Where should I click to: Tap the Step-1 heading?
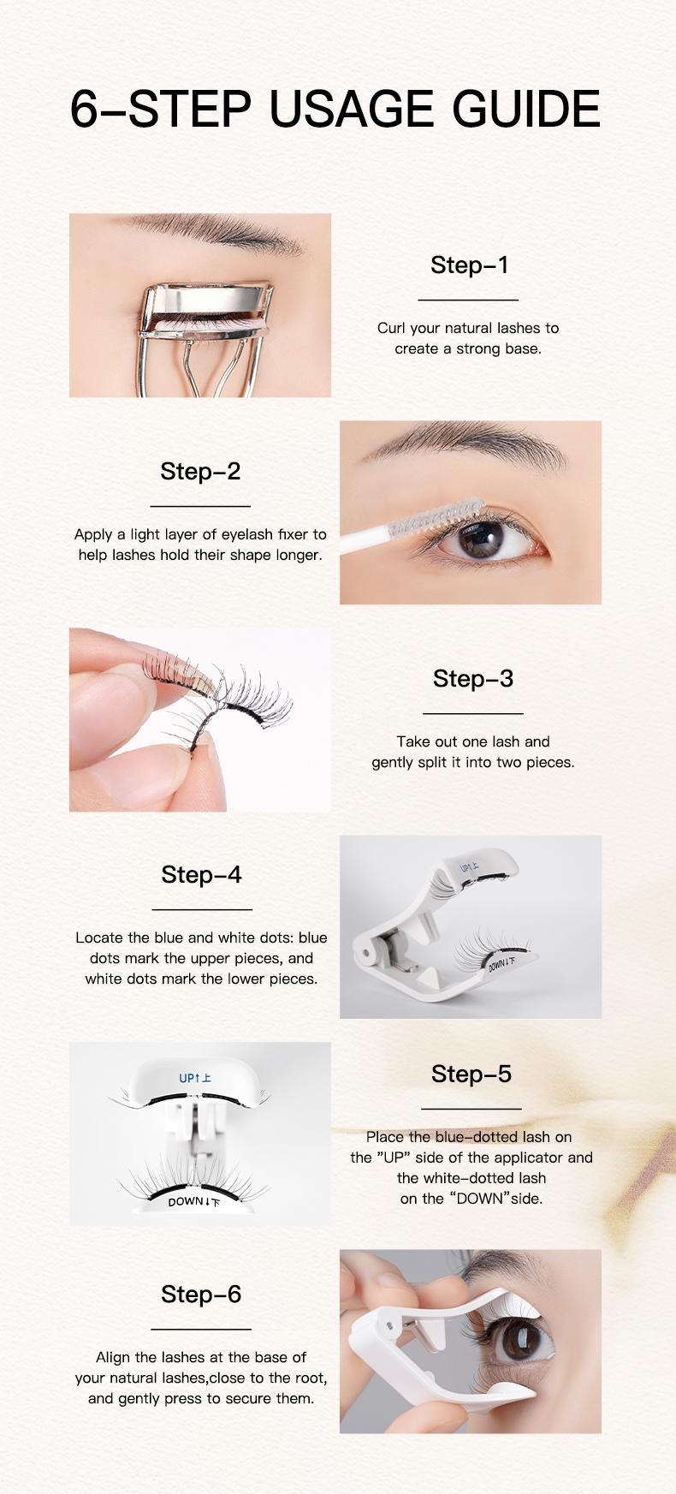pyautogui.click(x=469, y=265)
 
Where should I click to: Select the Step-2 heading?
pyautogui.click(x=200, y=471)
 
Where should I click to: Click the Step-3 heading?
pyautogui.click(x=472, y=678)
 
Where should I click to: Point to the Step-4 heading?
pyautogui.click(x=201, y=874)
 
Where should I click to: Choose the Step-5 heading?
pyautogui.click(x=471, y=1074)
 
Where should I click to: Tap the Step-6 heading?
pyautogui.click(x=201, y=1294)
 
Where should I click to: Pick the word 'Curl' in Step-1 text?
pyautogui.click(x=391, y=328)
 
